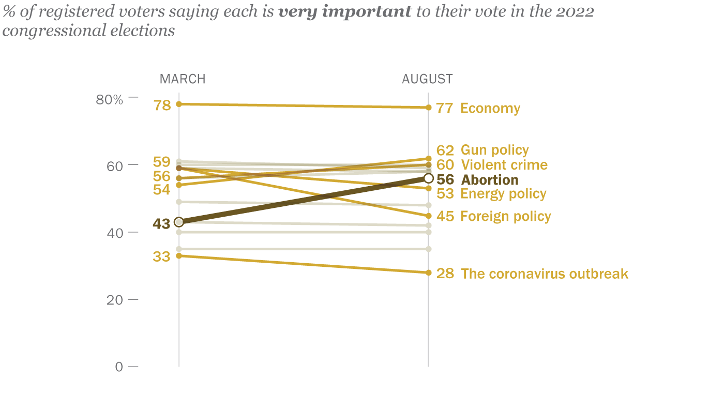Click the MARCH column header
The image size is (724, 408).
click(183, 79)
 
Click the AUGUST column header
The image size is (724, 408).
click(427, 79)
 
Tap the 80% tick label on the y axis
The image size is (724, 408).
click(110, 99)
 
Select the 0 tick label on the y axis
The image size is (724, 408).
click(119, 367)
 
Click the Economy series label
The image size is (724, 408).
click(490, 109)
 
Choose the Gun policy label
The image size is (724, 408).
click(494, 150)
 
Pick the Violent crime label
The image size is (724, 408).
click(504, 165)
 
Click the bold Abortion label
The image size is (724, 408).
click(489, 180)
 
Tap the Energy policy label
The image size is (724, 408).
click(503, 194)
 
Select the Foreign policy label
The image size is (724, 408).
click(505, 216)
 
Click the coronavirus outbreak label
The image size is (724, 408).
click(544, 274)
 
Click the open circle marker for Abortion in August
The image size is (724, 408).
click(428, 178)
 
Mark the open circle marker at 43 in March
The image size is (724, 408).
click(179, 222)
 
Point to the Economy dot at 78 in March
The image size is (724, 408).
click(179, 104)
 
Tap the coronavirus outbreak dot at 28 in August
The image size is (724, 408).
click(428, 273)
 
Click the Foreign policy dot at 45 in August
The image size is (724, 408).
click(428, 216)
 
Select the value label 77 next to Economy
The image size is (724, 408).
click(445, 109)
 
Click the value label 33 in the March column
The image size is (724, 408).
click(162, 256)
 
